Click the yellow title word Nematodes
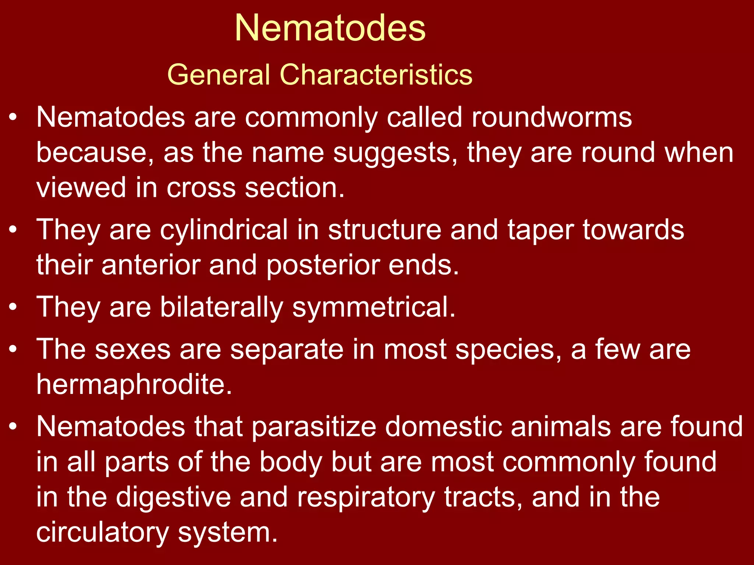pyautogui.click(x=330, y=28)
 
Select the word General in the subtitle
pyautogui.click(x=219, y=75)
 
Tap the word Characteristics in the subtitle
pyautogui.click(x=376, y=75)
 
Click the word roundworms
pyautogui.click(x=552, y=117)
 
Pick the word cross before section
pyautogui.click(x=201, y=188)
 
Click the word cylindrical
pyautogui.click(x=224, y=230)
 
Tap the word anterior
pyautogui.click(x=151, y=265)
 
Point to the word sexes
pyautogui.click(x=133, y=349)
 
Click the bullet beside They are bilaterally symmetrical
pyautogui.click(x=13, y=307)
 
